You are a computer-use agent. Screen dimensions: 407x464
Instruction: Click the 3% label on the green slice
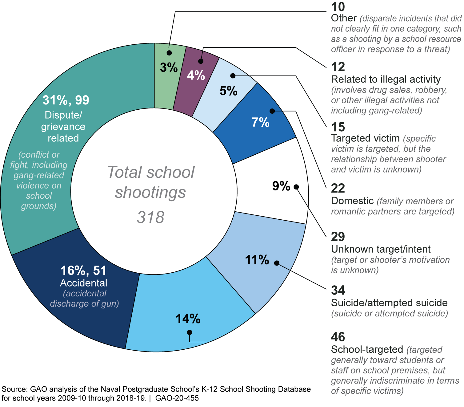pyautogui.click(x=169, y=67)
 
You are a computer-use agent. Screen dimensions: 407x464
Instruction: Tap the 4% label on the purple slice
pyautogui.click(x=196, y=75)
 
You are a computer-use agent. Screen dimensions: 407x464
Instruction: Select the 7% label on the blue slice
pyautogui.click(x=260, y=122)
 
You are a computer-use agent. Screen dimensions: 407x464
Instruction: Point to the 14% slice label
pyautogui.click(x=188, y=319)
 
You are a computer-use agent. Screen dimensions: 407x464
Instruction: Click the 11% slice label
pyautogui.click(x=257, y=260)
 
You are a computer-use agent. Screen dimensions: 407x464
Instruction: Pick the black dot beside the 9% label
pyautogui.click(x=296, y=187)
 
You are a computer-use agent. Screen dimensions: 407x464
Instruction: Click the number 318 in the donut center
pyautogui.click(x=150, y=217)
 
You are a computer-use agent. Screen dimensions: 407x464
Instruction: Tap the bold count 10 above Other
pyautogui.click(x=338, y=7)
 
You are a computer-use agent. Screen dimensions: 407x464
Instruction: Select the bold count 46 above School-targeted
pyautogui.click(x=338, y=337)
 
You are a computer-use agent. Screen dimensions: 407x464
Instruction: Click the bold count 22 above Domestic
pyautogui.click(x=338, y=188)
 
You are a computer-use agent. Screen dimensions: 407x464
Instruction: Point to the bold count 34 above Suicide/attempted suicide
pyautogui.click(x=338, y=290)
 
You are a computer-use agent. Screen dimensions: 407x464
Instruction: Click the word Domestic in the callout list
pyautogui.click(x=352, y=201)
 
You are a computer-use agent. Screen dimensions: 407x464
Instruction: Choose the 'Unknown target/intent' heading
pyautogui.click(x=381, y=249)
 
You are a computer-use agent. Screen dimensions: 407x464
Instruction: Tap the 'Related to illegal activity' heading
pyautogui.click(x=386, y=79)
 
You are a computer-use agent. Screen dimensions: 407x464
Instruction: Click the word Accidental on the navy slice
pyautogui.click(x=84, y=283)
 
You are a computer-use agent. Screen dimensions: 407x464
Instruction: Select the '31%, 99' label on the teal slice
pyautogui.click(x=66, y=100)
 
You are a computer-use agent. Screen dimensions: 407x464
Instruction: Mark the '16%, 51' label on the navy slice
pyautogui.click(x=83, y=271)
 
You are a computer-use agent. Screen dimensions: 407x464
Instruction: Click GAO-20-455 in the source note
pyautogui.click(x=177, y=398)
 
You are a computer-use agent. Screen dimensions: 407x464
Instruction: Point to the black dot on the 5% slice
pyautogui.click(x=233, y=76)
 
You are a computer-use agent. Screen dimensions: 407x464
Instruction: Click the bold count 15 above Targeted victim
pyautogui.click(x=338, y=127)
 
